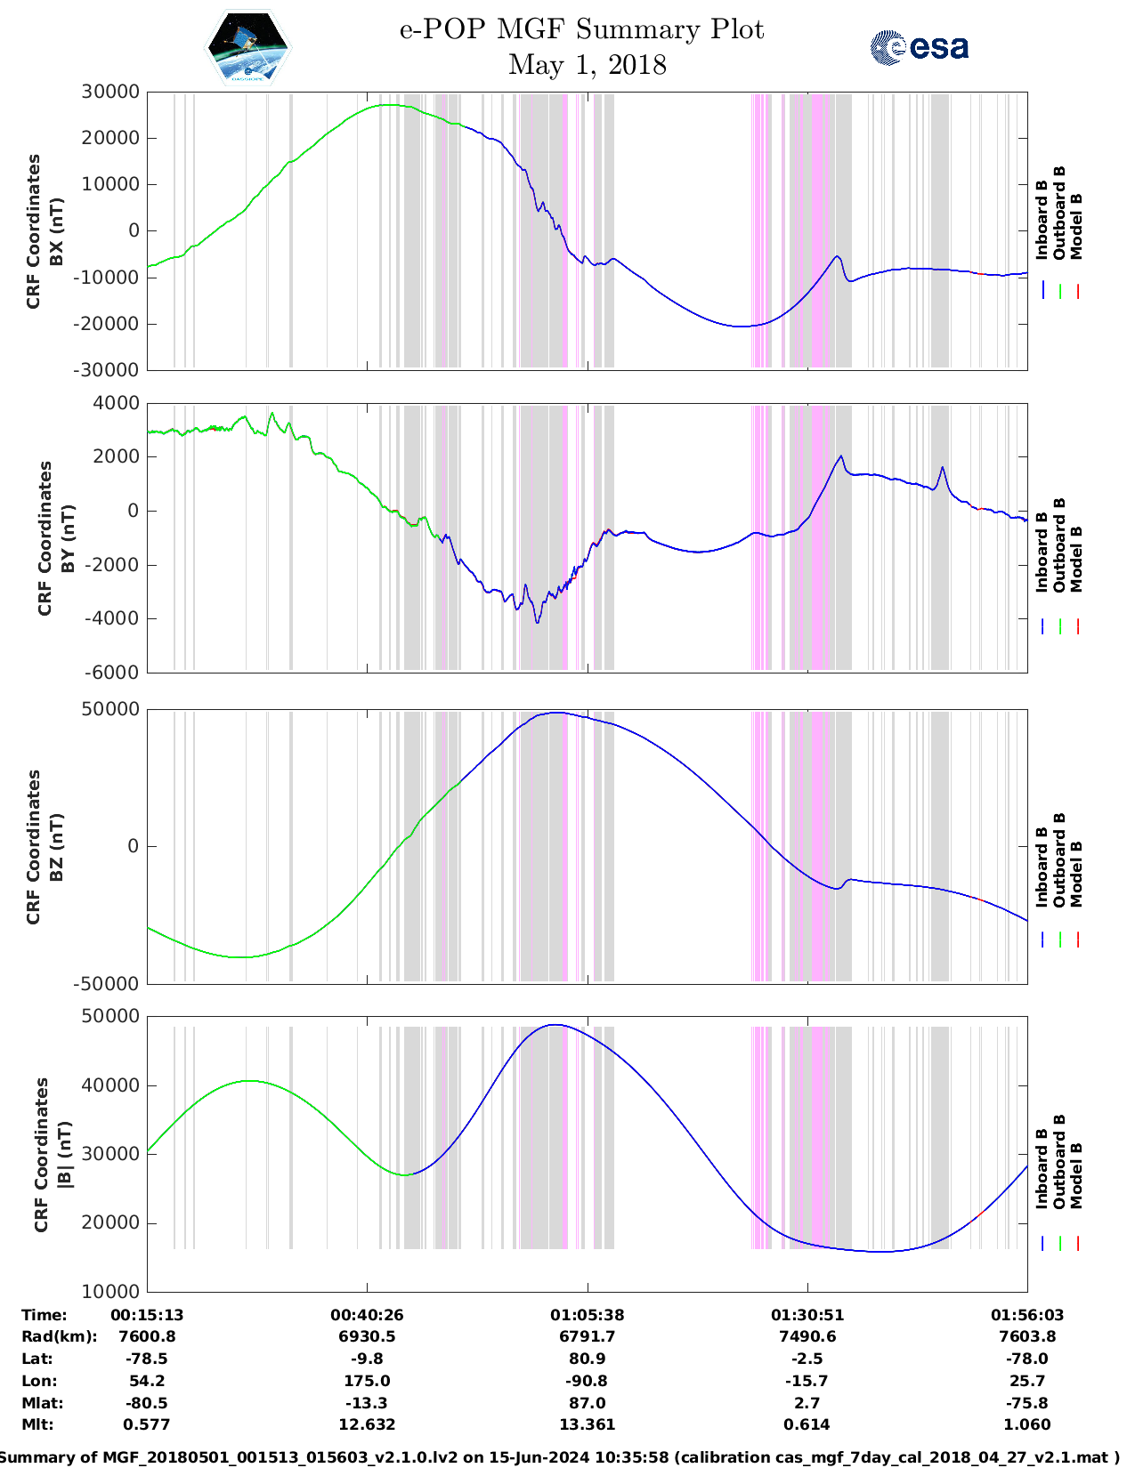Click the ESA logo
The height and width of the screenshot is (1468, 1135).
coord(919,46)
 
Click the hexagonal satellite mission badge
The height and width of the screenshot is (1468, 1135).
coord(247,47)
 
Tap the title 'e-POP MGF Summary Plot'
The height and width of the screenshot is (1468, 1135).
coord(581,29)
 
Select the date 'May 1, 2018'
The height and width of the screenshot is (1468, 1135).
coord(587,65)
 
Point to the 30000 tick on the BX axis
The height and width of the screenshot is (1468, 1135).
coord(110,92)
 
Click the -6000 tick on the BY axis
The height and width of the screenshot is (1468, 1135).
coord(112,673)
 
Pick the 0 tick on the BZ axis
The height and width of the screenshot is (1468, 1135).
coord(133,846)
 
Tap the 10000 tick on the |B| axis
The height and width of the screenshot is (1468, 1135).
coord(110,1291)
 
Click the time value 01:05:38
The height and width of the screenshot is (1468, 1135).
coord(587,1315)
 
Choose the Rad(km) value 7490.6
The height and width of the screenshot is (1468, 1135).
coord(807,1336)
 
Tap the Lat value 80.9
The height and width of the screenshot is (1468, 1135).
coord(587,1359)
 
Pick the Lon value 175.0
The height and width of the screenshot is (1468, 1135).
coord(367,1381)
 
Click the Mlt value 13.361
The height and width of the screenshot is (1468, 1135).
coord(587,1424)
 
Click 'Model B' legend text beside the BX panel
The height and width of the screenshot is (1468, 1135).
coord(1076,226)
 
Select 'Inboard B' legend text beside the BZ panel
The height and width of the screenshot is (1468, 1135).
coord(1042,867)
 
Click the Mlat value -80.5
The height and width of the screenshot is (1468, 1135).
coord(147,1403)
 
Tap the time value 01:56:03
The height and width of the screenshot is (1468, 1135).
coord(1026,1315)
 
